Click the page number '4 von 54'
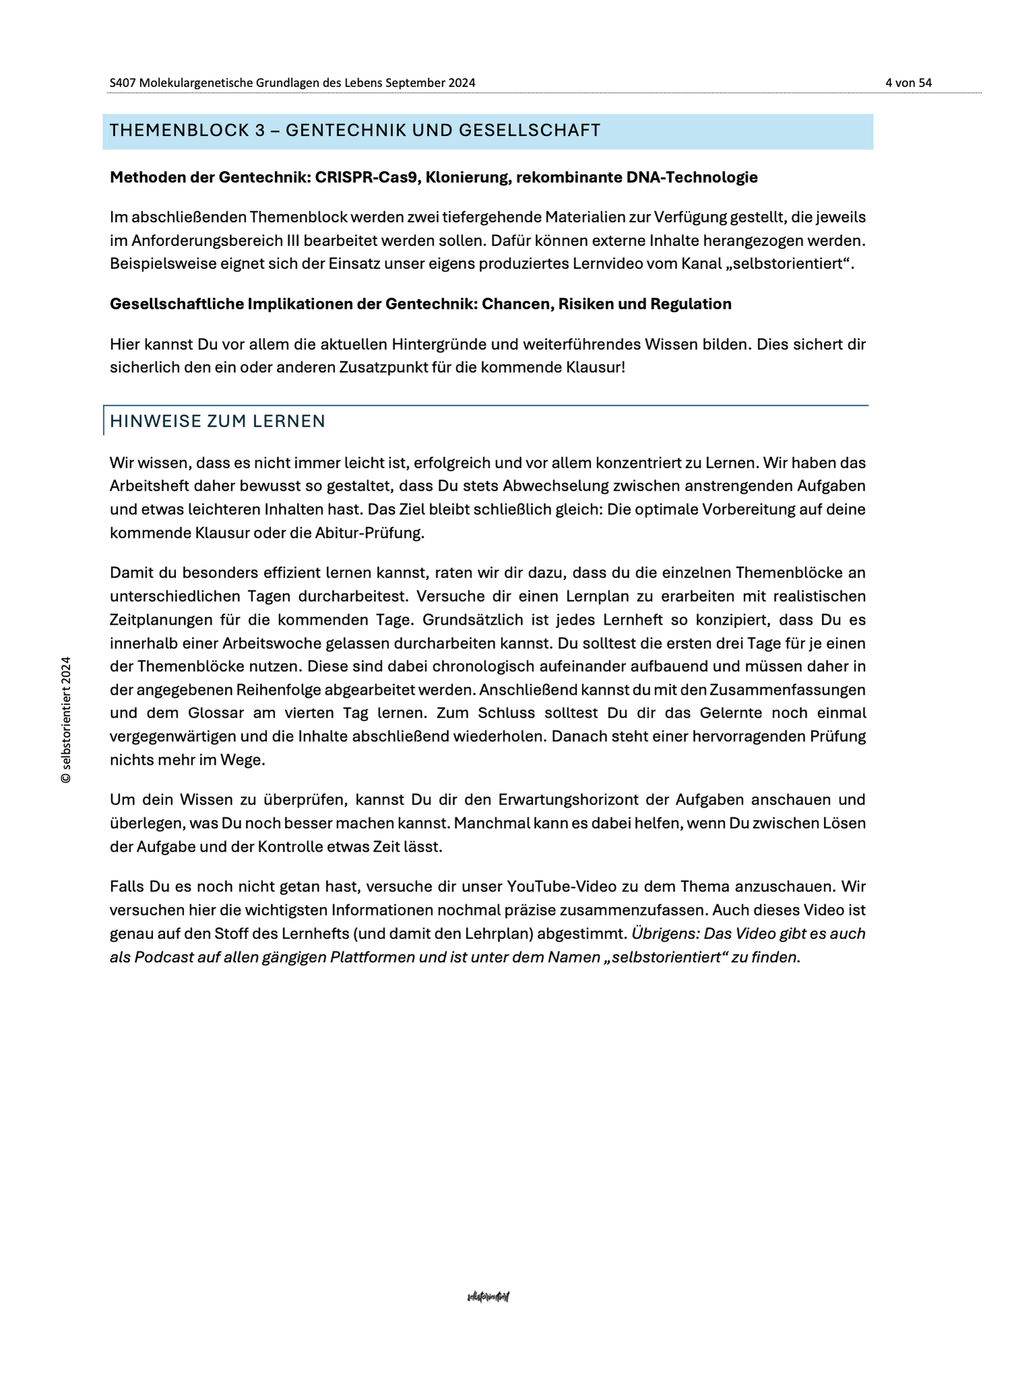(908, 83)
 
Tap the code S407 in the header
(123, 83)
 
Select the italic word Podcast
(165, 958)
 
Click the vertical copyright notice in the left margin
(66, 720)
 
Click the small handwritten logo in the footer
(488, 1297)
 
